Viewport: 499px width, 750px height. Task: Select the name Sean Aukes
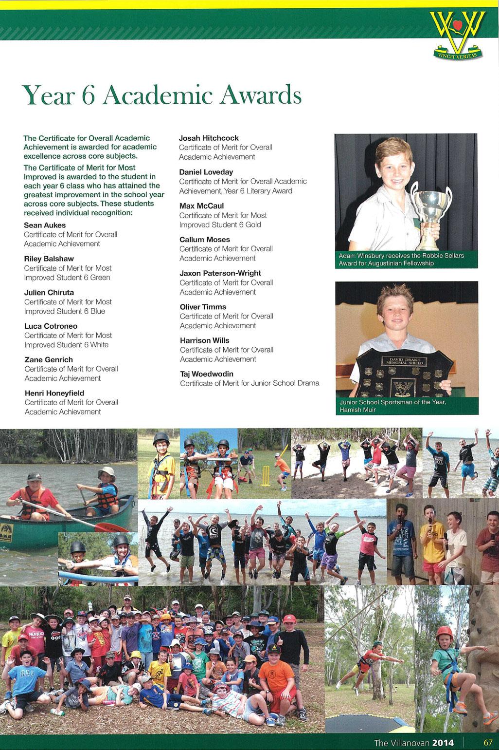pos(45,225)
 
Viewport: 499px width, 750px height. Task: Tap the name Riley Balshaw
pos(49,259)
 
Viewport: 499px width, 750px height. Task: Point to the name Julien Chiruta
pos(49,292)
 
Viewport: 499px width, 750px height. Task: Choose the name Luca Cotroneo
pos(51,326)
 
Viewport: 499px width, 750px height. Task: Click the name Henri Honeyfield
pos(54,393)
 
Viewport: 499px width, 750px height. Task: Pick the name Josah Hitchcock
pos(209,138)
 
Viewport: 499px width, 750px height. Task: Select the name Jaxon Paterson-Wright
pos(220,273)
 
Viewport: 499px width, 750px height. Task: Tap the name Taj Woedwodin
pos(207,374)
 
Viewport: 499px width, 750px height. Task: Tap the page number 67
pos(488,742)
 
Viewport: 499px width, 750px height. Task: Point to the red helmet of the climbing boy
pos(444,633)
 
